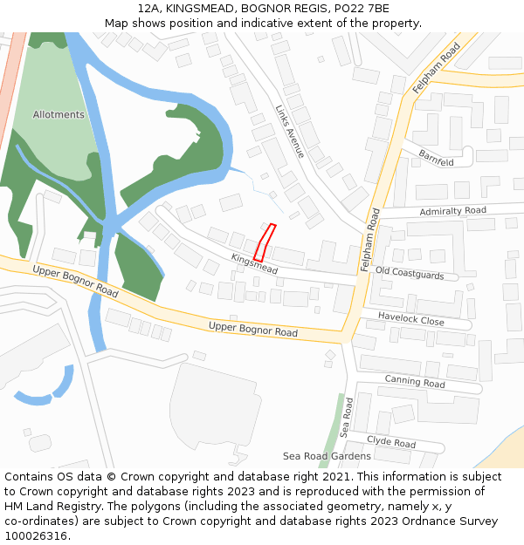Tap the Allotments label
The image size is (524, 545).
(59, 115)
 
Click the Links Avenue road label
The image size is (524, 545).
(290, 132)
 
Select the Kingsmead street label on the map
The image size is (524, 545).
(254, 264)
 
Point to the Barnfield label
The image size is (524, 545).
(436, 157)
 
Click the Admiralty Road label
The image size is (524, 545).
(452, 211)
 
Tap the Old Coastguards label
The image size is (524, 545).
(416, 274)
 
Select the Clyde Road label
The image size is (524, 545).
(390, 442)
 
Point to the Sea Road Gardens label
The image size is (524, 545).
(327, 456)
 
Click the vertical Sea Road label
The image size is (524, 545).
(347, 418)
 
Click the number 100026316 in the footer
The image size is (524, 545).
(35, 536)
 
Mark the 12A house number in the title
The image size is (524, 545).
(148, 9)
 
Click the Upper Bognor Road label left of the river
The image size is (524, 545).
(75, 281)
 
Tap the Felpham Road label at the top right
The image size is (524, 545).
(436, 69)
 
